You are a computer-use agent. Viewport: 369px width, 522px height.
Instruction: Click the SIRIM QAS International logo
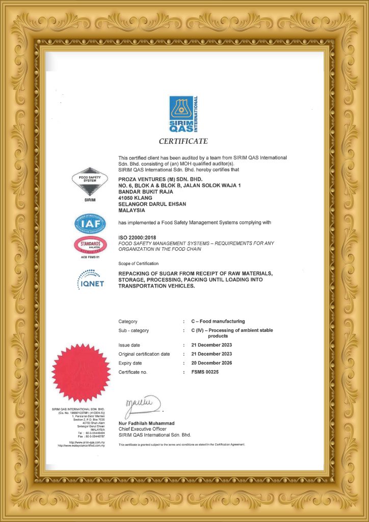coord(183,114)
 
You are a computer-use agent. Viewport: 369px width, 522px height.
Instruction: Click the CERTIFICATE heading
coord(183,141)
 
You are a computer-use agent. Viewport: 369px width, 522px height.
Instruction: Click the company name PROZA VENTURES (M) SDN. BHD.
coord(161,179)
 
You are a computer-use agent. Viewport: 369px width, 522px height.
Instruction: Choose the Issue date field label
coord(129,345)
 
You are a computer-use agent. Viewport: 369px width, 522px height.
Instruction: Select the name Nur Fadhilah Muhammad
coord(146,424)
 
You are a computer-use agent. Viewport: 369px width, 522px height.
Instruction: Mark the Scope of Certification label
coord(138,264)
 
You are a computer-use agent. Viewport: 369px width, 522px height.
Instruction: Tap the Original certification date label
coord(144,354)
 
